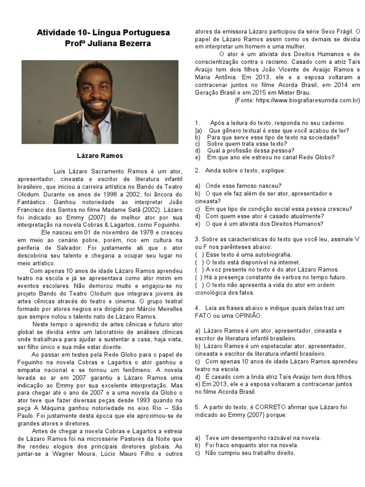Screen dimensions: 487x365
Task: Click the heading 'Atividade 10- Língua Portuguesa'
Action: pos(103,33)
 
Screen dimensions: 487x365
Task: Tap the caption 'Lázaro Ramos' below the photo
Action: pos(100,156)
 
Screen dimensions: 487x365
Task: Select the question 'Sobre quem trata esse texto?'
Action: pos(247,144)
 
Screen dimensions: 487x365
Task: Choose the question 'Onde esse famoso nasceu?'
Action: pos(243,186)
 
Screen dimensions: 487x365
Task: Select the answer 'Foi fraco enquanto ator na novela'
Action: pos(252,445)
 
